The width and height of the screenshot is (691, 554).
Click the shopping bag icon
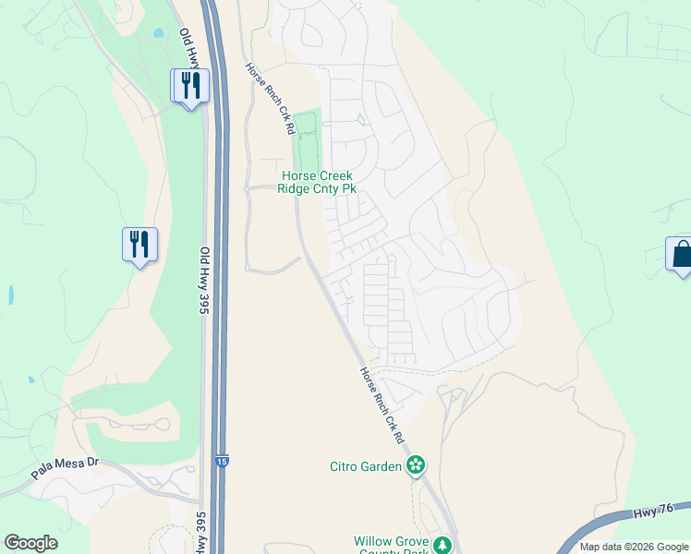[681, 252]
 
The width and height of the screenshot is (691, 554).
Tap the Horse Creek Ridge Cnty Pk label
[317, 182]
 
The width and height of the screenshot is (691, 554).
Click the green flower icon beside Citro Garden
[417, 465]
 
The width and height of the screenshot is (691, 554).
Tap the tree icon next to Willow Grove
[444, 544]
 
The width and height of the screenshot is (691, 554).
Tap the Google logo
[30, 543]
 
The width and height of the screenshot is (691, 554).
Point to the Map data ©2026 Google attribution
[634, 547]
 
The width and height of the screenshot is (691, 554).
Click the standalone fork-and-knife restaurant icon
[139, 244]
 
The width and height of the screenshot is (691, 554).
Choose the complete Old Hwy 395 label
[205, 281]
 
